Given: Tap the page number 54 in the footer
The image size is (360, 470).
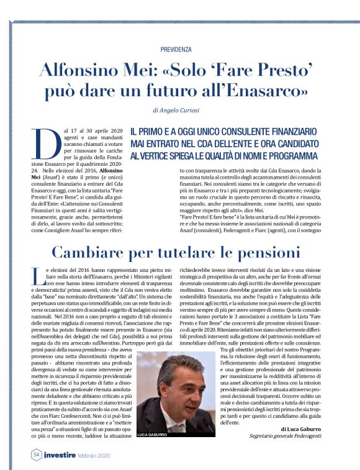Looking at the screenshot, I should [x=37, y=454].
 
